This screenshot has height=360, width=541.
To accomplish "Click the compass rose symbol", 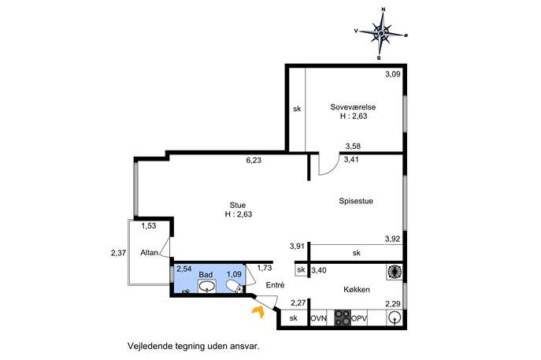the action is [381, 34].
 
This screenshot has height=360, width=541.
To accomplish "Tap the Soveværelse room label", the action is [353, 107].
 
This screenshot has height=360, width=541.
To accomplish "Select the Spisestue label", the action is [356, 201].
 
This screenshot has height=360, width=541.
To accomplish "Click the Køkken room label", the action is [357, 289].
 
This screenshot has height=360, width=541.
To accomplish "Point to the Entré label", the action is [275, 285].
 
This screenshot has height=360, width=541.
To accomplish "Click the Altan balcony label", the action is [149, 253].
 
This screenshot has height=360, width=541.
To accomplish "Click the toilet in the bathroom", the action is [235, 287].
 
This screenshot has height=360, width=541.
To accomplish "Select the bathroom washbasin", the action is [207, 287].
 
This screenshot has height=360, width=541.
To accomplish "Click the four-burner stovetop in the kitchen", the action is [343, 318].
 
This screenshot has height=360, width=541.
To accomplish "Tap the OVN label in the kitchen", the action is [318, 318].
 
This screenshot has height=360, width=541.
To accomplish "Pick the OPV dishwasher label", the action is [359, 318].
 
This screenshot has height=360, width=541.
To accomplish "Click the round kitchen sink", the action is [395, 318].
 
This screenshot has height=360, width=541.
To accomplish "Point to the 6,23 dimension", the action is [254, 160].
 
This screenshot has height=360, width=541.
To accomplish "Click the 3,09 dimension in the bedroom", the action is [393, 74].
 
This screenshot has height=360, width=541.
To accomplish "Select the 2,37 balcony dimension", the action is [118, 253].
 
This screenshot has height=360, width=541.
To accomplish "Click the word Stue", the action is [238, 206].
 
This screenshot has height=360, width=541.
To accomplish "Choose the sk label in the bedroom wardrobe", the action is [297, 109].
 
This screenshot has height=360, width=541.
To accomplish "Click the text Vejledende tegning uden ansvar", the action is [193, 346].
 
